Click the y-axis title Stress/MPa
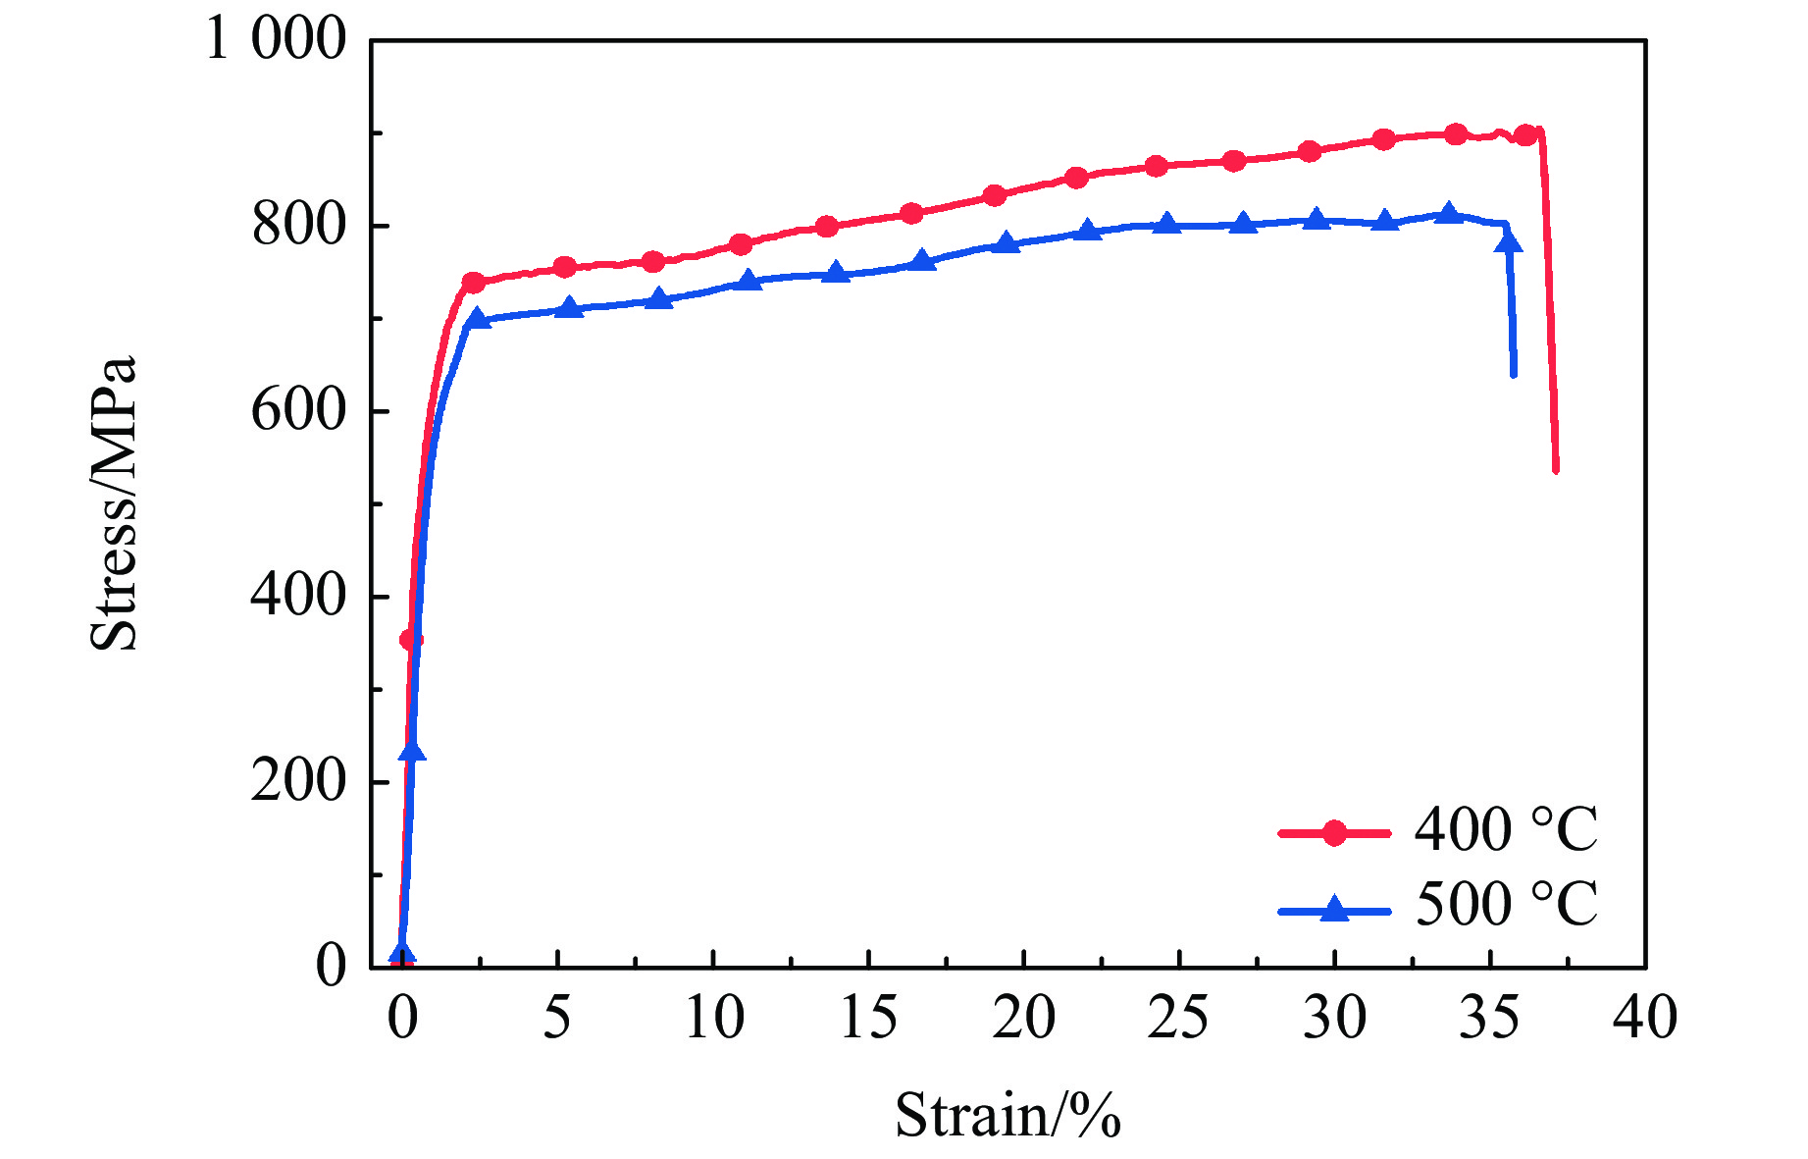[x=114, y=503]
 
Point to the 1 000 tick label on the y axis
[x=276, y=40]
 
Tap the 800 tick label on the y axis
[x=299, y=226]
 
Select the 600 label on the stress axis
[x=299, y=410]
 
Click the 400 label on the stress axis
[x=299, y=596]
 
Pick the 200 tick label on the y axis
[x=299, y=781]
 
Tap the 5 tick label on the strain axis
[x=556, y=1019]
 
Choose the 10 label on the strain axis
[x=713, y=1019]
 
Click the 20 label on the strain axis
[x=1023, y=1019]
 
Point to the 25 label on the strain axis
[x=1178, y=1019]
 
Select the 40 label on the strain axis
[x=1645, y=1019]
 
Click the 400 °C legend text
[x=1506, y=830]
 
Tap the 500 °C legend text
[x=1506, y=905]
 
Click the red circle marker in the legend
[x=1334, y=833]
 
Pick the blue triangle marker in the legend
[x=1334, y=910]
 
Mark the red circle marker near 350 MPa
[x=411, y=640]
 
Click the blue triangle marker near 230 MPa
[x=413, y=752]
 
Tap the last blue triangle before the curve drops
[x=1509, y=242]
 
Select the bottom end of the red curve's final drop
[x=1556, y=469]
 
